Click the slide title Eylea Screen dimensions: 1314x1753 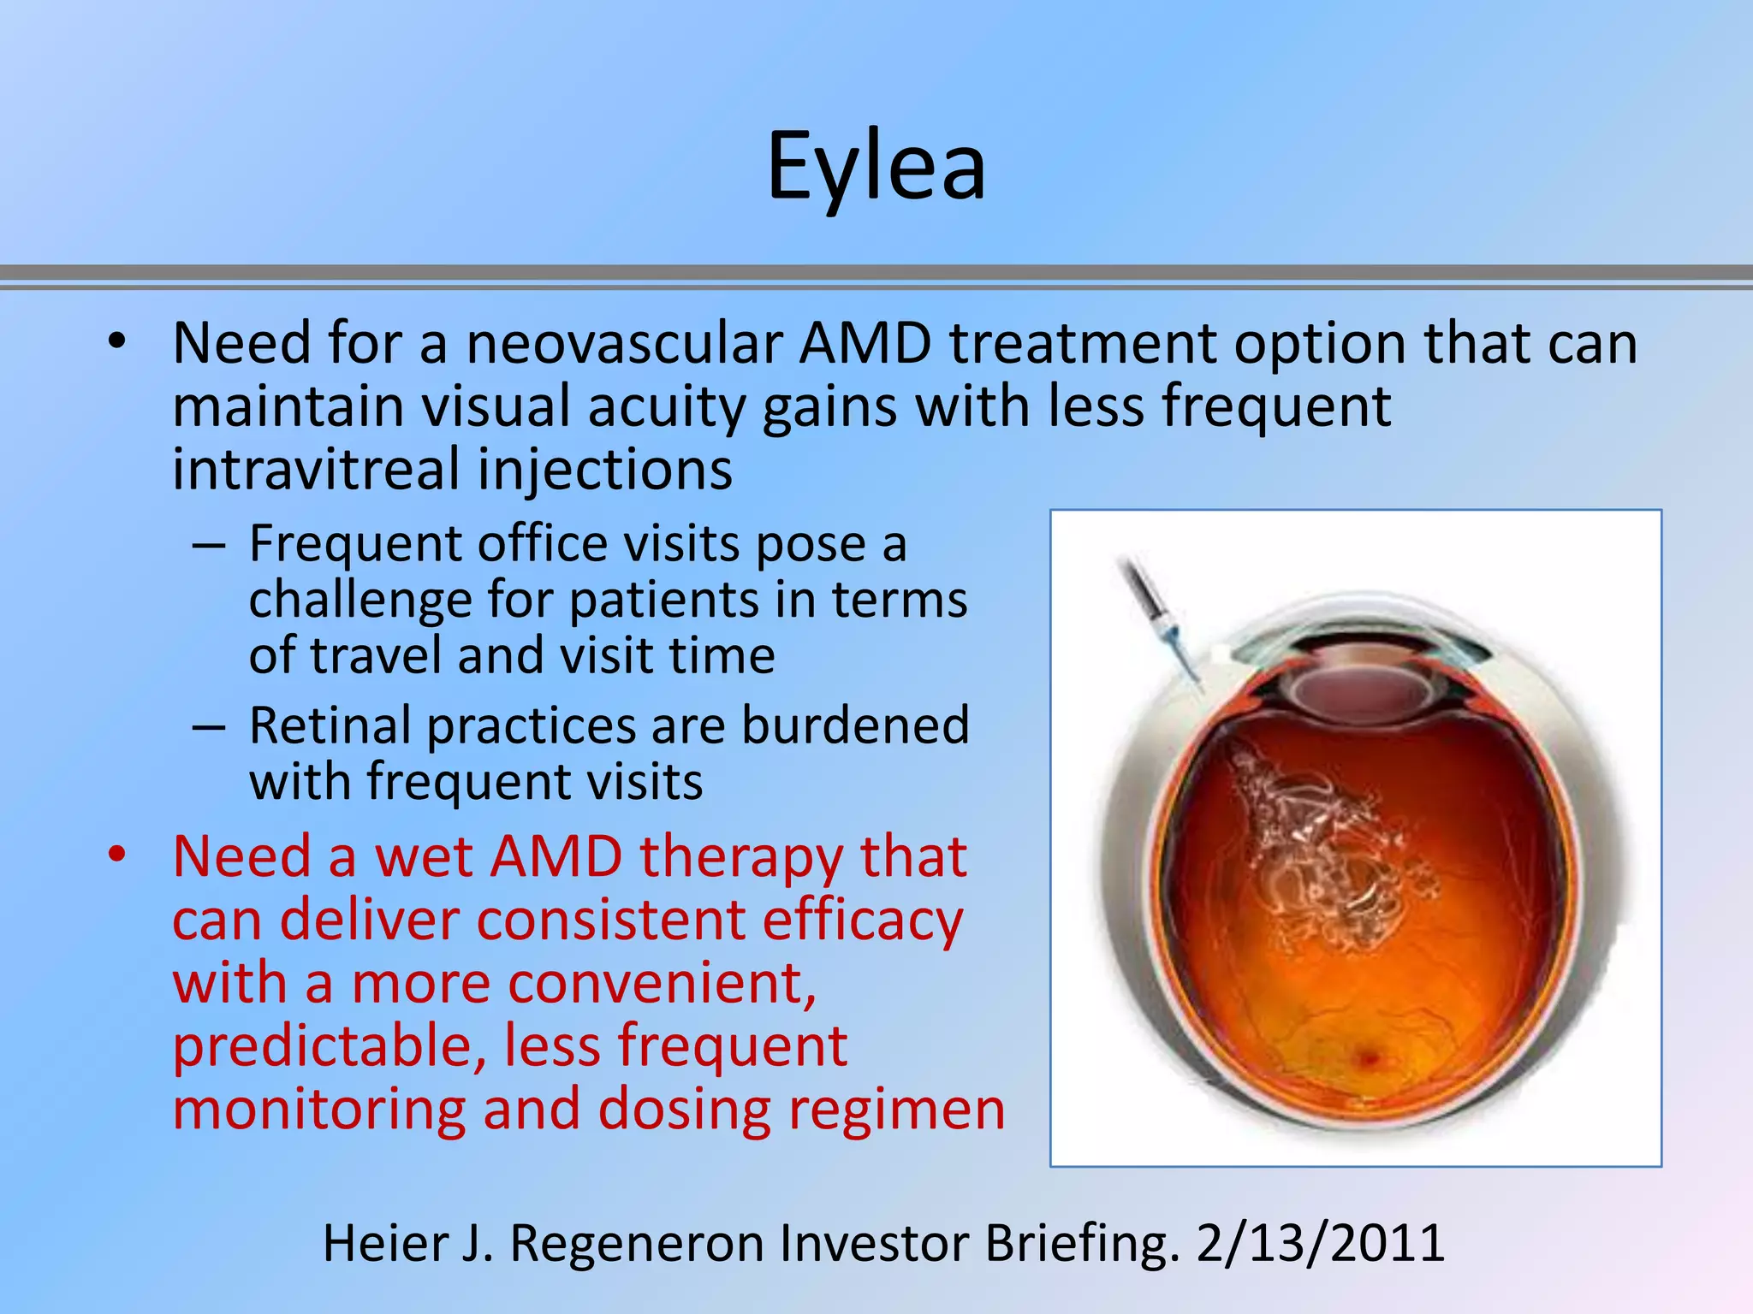pos(876,167)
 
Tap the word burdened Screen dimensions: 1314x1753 pos(855,726)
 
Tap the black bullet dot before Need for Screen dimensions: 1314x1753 pos(117,342)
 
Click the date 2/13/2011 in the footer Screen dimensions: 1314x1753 pos(1321,1243)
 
